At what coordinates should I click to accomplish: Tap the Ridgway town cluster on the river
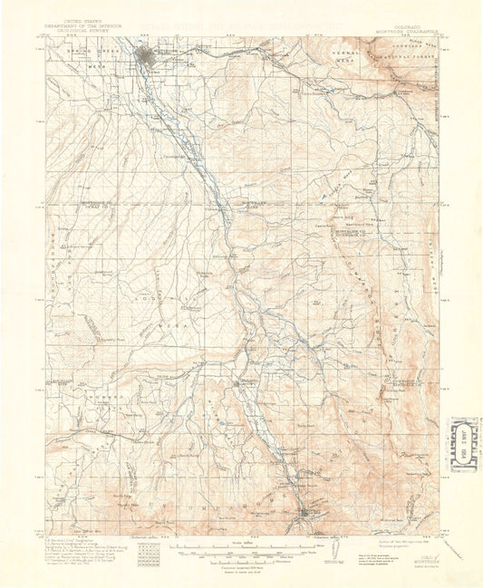coord(240,384)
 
